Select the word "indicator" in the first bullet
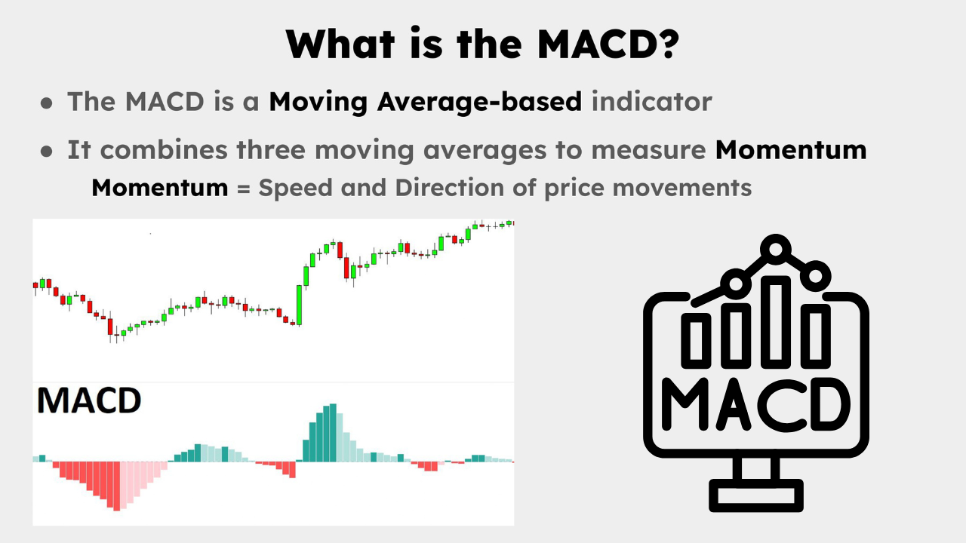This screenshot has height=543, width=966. pyautogui.click(x=651, y=101)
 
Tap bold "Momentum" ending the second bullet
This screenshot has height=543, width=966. pyautogui.click(x=791, y=149)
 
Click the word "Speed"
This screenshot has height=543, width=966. pyautogui.click(x=295, y=187)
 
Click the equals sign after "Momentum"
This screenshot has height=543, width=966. pyautogui.click(x=243, y=188)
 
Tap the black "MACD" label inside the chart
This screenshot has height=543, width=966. pyautogui.click(x=89, y=401)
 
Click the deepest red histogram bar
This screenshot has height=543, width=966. pyautogui.click(x=116, y=486)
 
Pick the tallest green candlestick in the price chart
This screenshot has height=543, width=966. pyautogui.click(x=300, y=305)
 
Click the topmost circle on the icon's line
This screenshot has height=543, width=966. pyautogui.click(x=773, y=247)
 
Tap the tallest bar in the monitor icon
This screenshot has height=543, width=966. pyautogui.click(x=775, y=321)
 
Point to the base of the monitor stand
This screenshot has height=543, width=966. pyautogui.click(x=755, y=497)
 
